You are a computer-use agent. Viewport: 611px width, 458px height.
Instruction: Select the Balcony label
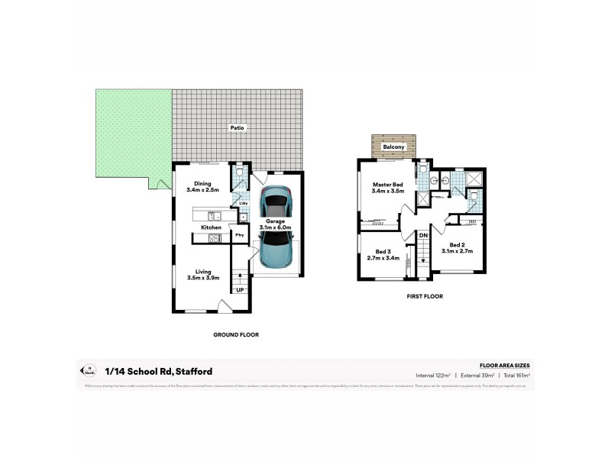click(x=393, y=146)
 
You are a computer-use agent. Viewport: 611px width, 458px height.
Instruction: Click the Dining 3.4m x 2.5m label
click(x=202, y=187)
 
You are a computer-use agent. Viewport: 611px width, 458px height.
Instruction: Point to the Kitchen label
click(x=212, y=227)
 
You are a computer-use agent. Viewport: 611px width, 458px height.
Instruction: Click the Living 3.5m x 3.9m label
click(x=203, y=275)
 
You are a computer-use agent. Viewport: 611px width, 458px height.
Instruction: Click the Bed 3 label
click(x=383, y=255)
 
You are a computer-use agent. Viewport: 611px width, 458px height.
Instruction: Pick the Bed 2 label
click(x=457, y=247)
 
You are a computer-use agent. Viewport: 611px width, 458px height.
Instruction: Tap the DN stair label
click(x=422, y=235)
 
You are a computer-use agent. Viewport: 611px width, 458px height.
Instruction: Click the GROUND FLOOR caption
click(x=236, y=334)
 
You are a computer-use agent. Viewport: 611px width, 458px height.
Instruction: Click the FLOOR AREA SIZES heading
click(x=504, y=366)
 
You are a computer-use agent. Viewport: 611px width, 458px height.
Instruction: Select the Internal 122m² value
click(x=433, y=376)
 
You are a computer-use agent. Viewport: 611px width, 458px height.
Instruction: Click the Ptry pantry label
click(x=239, y=234)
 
